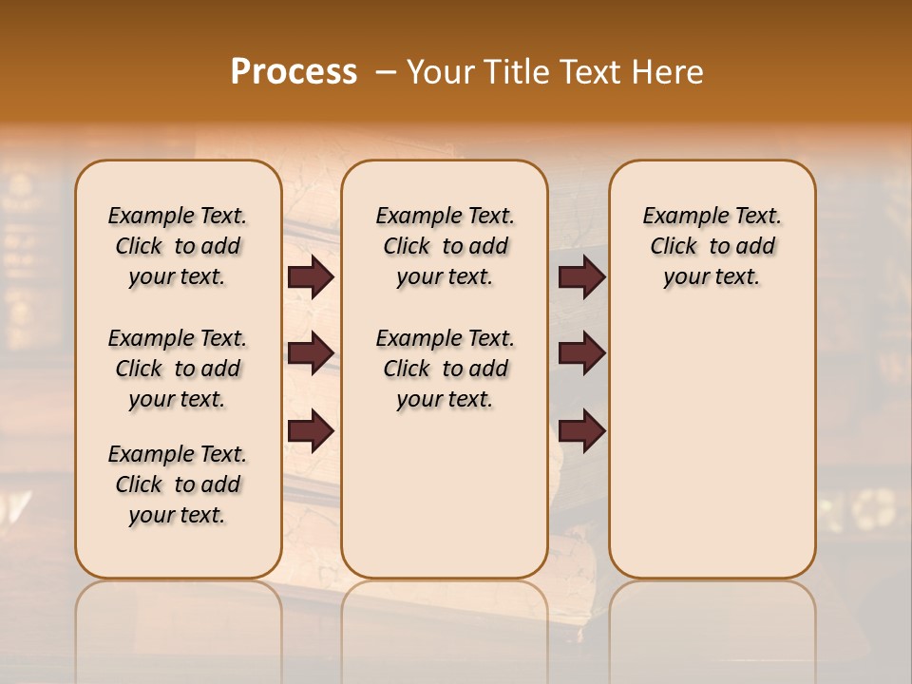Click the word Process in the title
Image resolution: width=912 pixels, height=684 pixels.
pyautogui.click(x=294, y=72)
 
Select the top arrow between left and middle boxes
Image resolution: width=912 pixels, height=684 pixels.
pyautogui.click(x=311, y=277)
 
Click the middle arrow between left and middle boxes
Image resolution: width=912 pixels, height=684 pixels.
pyautogui.click(x=311, y=353)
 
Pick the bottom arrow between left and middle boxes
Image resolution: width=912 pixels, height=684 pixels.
pyautogui.click(x=311, y=431)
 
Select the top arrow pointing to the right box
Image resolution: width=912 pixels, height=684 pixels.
pyautogui.click(x=581, y=277)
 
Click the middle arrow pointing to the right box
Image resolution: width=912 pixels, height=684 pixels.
pyautogui.click(x=581, y=353)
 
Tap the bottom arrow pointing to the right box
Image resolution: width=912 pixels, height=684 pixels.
pyautogui.click(x=581, y=431)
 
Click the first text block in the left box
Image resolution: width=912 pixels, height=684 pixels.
pyautogui.click(x=178, y=246)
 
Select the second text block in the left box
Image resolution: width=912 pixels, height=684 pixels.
pyautogui.click(x=178, y=369)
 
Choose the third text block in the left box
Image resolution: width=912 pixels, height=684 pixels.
pyautogui.click(x=178, y=484)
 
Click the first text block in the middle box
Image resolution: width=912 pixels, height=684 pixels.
pyautogui.click(x=445, y=246)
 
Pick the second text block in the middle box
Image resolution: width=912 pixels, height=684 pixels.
pyautogui.click(x=445, y=369)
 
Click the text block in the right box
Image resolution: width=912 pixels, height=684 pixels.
pyautogui.click(x=712, y=246)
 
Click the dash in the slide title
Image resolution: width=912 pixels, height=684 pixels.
pyautogui.click(x=385, y=72)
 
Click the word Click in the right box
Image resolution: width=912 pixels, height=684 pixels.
pyautogui.click(x=674, y=247)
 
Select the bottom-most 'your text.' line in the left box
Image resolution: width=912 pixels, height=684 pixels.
pyautogui.click(x=178, y=515)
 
